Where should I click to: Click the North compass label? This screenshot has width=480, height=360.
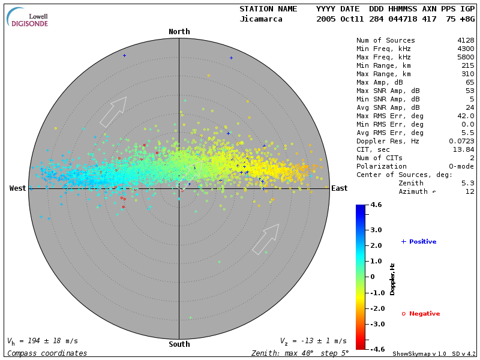tap(179, 32)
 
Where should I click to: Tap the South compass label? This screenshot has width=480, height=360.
tap(179, 344)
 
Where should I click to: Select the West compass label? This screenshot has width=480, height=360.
tap(17, 188)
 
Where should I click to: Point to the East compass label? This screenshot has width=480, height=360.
tap(339, 188)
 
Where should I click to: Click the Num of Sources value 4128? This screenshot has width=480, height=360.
tap(466, 41)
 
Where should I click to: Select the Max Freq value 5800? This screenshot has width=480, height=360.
tap(466, 58)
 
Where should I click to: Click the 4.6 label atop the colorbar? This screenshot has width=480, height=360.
tap(376, 205)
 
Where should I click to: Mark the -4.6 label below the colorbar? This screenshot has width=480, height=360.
tap(376, 349)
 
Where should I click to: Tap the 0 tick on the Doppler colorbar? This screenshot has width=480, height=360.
tap(373, 277)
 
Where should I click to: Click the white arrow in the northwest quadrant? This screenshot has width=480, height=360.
tap(113, 112)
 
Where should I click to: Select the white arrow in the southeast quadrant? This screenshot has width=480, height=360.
tap(265, 239)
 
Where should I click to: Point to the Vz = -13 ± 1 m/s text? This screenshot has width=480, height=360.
tap(313, 341)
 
